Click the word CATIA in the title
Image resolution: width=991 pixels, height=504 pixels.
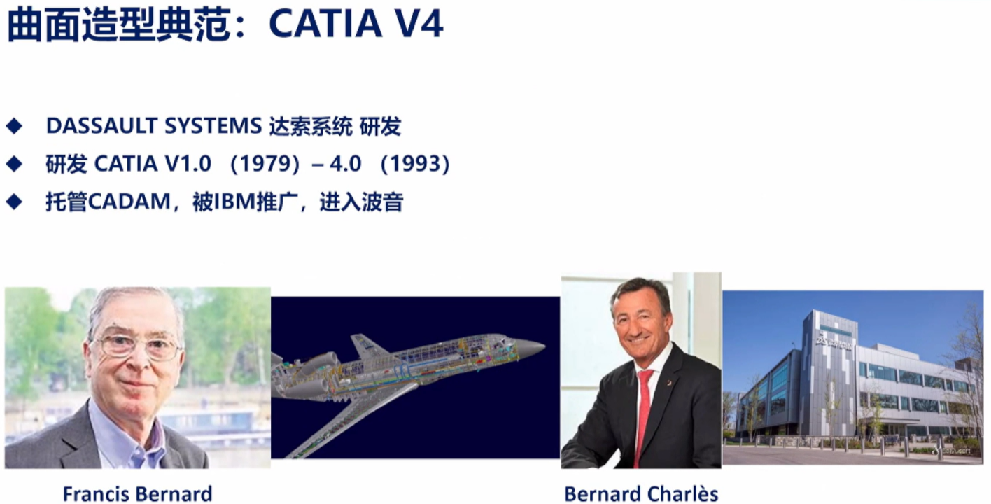pos(325,24)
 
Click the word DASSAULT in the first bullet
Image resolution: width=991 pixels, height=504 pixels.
pos(101,126)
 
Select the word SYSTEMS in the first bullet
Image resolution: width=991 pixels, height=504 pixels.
pos(213,126)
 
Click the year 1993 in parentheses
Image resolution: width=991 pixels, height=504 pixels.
pos(414,164)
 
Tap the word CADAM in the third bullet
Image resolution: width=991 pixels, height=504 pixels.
pos(129,202)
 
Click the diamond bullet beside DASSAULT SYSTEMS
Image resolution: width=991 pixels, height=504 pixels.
pos(14,126)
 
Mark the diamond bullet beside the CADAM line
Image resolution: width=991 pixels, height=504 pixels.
pos(14,202)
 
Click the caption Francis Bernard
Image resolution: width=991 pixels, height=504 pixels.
pos(138,493)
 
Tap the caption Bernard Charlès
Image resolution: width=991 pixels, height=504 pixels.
pos(641,493)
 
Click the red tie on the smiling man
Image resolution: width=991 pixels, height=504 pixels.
pos(644,416)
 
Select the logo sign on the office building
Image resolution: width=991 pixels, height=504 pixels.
pos(834,343)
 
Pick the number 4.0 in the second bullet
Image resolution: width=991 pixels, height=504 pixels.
pos(346,164)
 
